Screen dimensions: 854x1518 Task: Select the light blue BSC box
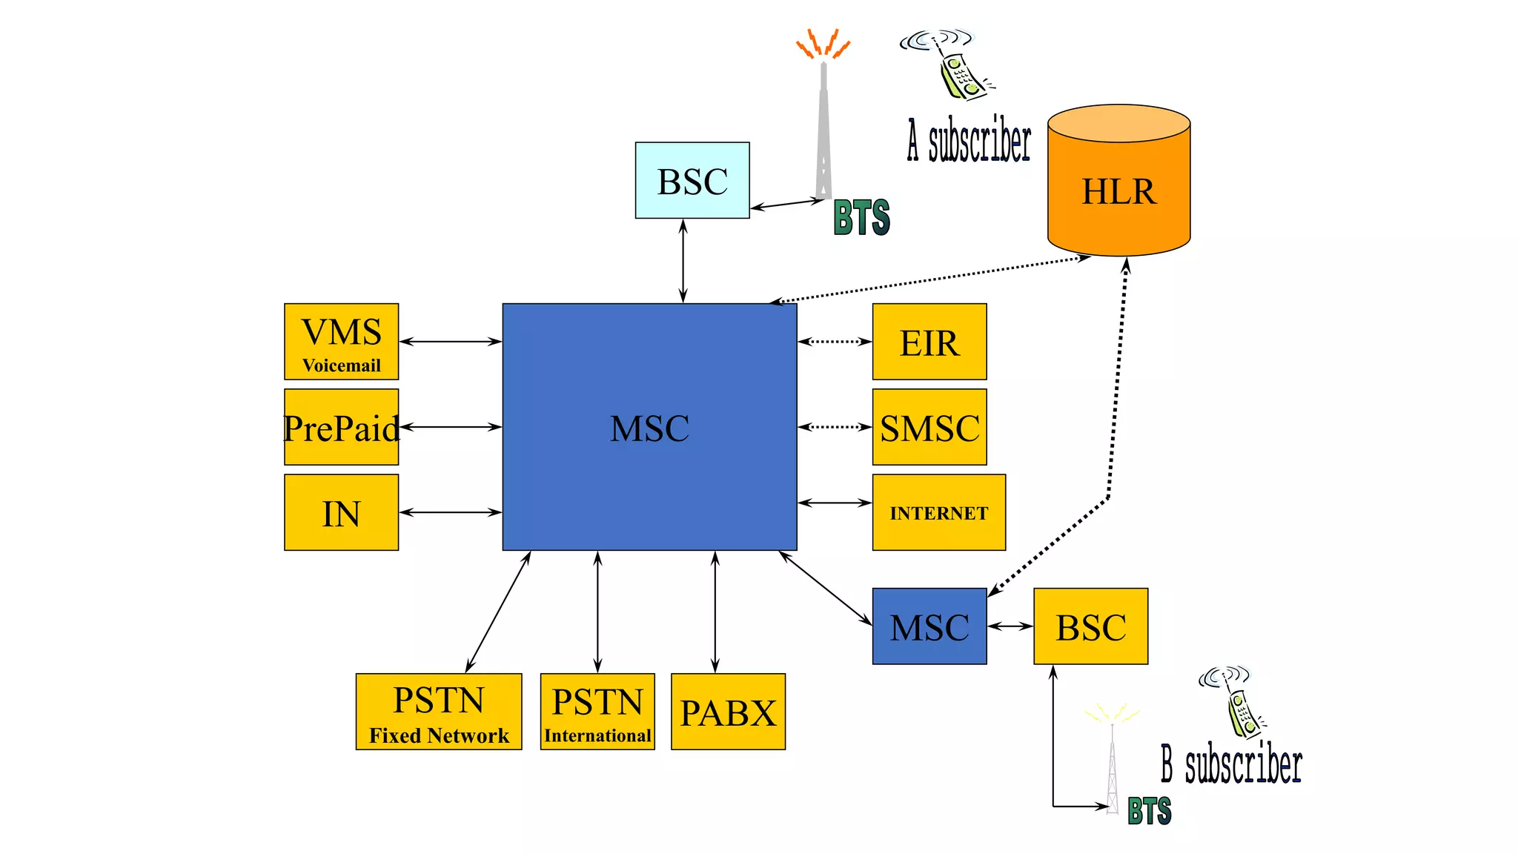[x=692, y=180]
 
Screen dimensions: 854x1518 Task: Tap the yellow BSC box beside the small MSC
[x=1090, y=626]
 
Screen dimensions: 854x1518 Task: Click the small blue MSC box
[x=929, y=626]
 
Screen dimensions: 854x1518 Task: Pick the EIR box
[x=929, y=342]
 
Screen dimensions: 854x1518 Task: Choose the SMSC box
[x=929, y=427]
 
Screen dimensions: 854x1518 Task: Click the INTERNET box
[x=938, y=512]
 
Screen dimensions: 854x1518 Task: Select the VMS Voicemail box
[x=341, y=342]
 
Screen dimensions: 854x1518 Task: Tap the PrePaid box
[x=341, y=427]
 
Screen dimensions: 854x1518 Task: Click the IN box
[x=341, y=512]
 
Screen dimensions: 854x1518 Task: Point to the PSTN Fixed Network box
[x=438, y=712]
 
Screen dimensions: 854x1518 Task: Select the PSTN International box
[x=597, y=712]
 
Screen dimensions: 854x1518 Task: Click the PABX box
[x=728, y=712]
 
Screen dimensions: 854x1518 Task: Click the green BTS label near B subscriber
[x=1149, y=811]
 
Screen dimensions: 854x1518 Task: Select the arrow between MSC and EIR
[x=835, y=342]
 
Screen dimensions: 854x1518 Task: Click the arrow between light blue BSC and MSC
[x=683, y=261]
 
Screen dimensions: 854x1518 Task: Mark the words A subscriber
[x=969, y=141]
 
